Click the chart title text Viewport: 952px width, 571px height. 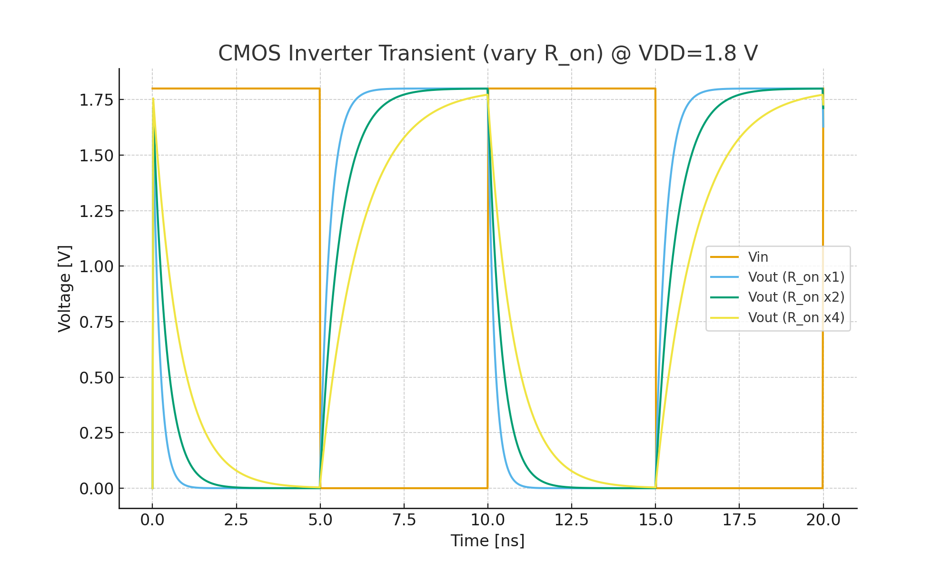pyautogui.click(x=487, y=53)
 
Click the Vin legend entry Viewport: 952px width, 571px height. pyautogui.click(x=758, y=257)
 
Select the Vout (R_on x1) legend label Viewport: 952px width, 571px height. pyautogui.click(x=796, y=277)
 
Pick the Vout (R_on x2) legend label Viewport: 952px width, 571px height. pyautogui.click(x=796, y=297)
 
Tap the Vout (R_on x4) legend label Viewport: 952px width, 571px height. pyautogui.click(x=796, y=317)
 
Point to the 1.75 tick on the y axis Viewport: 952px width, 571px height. pyautogui.click(x=96, y=100)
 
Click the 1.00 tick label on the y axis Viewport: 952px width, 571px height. pyautogui.click(x=96, y=266)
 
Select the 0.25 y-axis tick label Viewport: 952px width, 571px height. pyautogui.click(x=96, y=433)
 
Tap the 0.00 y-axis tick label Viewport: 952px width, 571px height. pyautogui.click(x=96, y=489)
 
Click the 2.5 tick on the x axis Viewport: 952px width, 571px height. pyautogui.click(x=236, y=520)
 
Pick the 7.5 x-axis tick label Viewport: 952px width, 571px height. pyautogui.click(x=404, y=520)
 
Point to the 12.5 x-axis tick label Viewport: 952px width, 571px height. pyautogui.click(x=571, y=520)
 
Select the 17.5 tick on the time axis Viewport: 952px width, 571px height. pyautogui.click(x=739, y=520)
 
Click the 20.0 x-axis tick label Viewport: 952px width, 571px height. pyautogui.click(x=823, y=520)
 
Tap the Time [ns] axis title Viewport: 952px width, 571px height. pyautogui.click(x=487, y=541)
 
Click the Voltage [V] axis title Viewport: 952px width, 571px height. pyautogui.click(x=65, y=288)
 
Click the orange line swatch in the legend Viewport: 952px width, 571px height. pyautogui.click(x=724, y=257)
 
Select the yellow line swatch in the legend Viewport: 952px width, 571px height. pyautogui.click(x=724, y=317)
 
